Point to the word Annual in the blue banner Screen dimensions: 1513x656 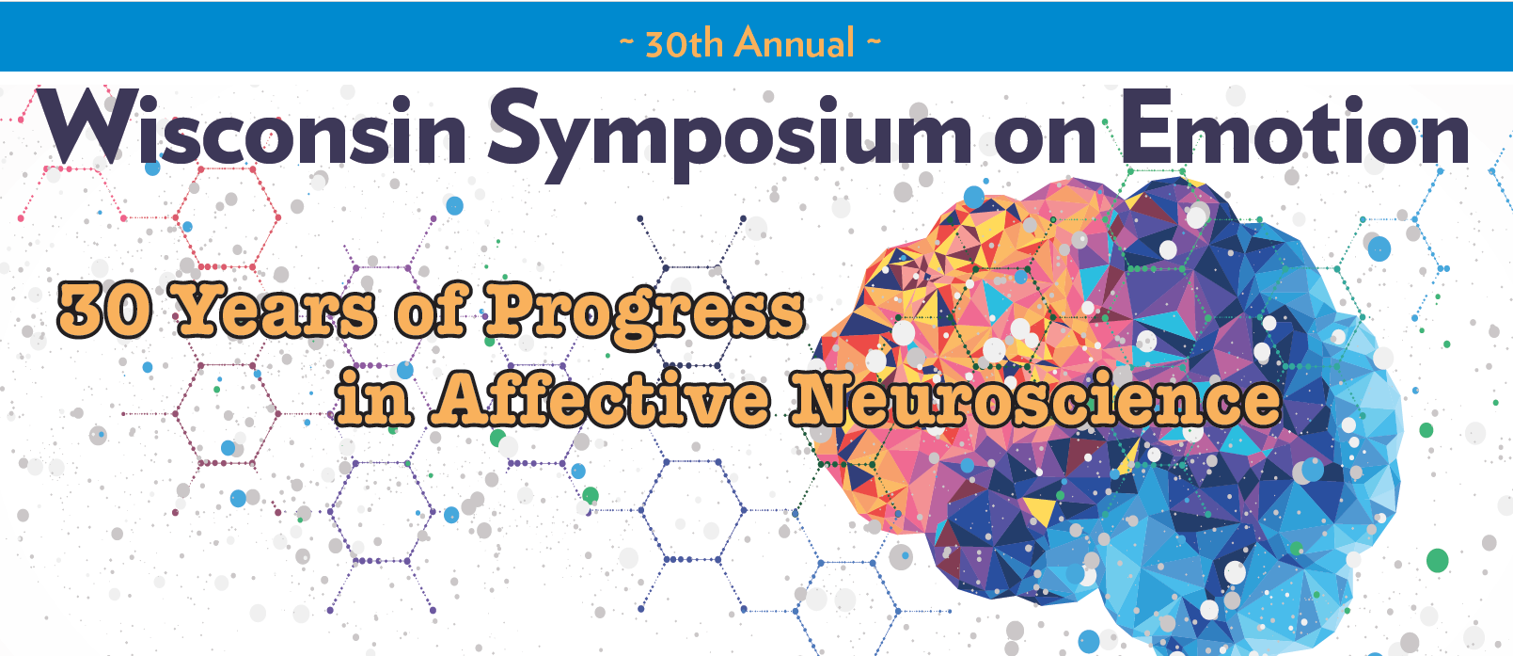point(795,42)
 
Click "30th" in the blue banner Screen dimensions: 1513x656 point(685,43)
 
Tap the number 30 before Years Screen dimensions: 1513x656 point(104,312)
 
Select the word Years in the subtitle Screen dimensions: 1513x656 point(274,312)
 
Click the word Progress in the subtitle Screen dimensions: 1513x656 point(644,314)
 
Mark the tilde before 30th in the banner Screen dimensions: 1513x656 point(626,41)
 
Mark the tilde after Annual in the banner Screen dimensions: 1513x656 point(874,41)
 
